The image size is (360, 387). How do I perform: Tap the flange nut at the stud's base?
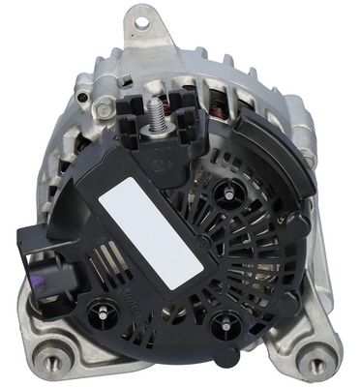click(154, 124)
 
